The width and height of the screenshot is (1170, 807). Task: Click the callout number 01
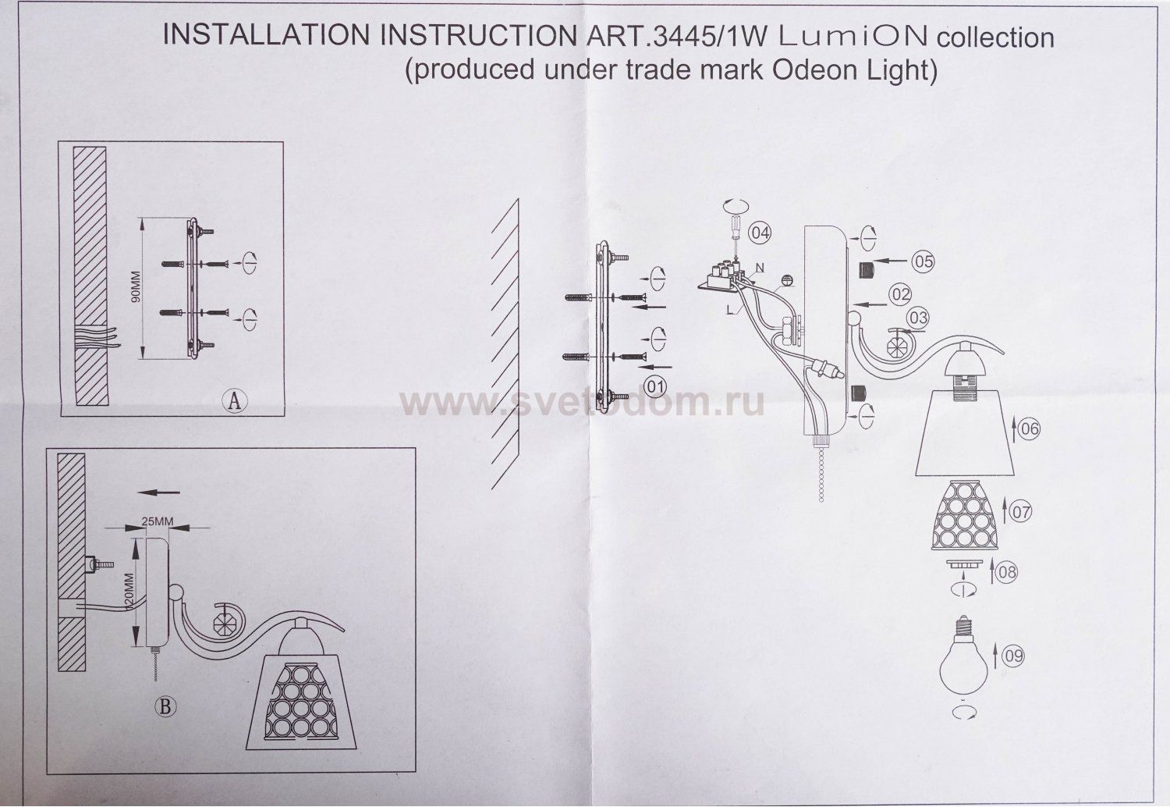656,386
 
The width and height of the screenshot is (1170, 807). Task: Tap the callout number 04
760,232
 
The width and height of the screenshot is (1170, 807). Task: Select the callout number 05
923,261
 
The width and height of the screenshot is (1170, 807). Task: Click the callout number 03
918,318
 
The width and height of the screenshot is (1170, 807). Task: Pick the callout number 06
1030,428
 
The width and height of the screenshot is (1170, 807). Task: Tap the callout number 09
1012,656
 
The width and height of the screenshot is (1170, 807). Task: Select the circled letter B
165,707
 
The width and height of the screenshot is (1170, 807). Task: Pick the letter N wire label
759,268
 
